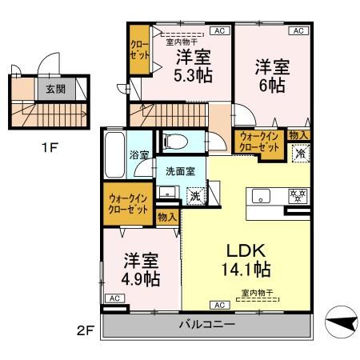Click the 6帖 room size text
(x=270, y=85)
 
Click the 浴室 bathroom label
(x=139, y=154)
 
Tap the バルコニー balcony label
(x=205, y=326)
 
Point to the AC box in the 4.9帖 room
(x=114, y=298)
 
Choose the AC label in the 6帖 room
(x=297, y=31)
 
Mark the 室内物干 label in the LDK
(x=256, y=294)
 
